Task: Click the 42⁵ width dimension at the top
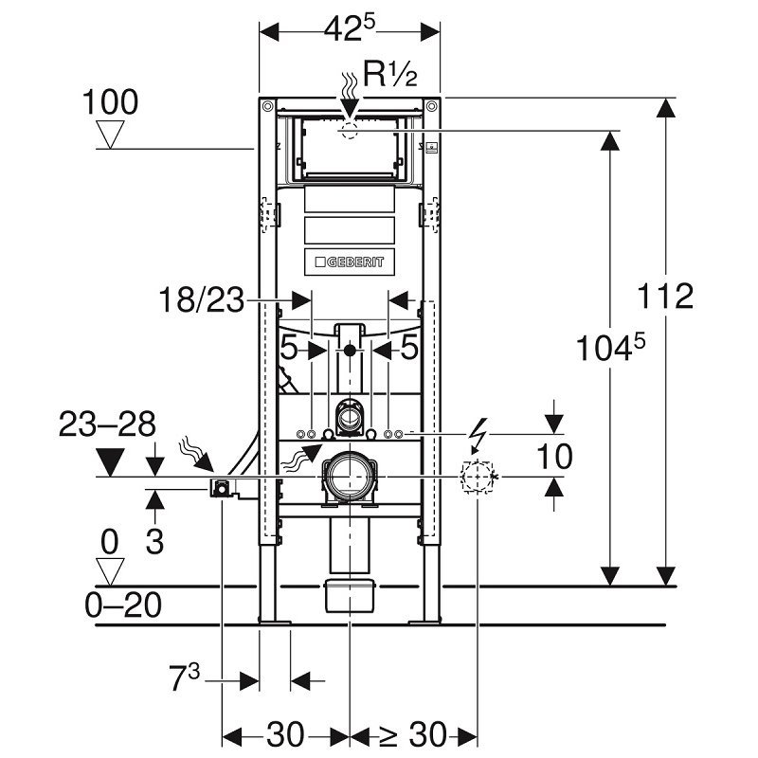point(350,31)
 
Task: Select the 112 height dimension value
point(664,297)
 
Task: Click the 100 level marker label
point(110,102)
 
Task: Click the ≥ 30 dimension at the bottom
point(415,734)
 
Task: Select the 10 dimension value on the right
point(554,457)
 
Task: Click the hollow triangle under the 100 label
point(113,135)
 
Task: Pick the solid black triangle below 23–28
point(111,463)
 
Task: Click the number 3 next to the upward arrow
point(154,542)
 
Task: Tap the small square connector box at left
point(221,488)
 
